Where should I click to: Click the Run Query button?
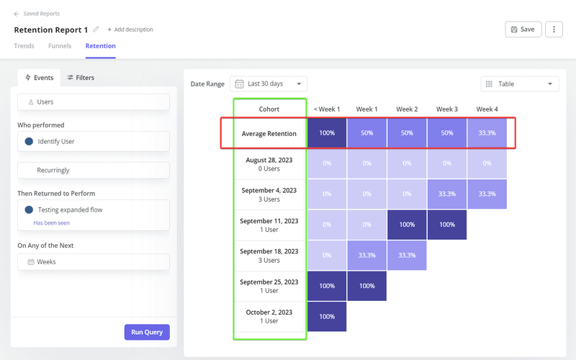click(x=147, y=332)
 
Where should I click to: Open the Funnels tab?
click(x=60, y=46)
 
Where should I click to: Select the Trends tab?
click(x=24, y=46)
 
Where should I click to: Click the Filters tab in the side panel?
click(x=81, y=78)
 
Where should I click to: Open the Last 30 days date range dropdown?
click(x=269, y=84)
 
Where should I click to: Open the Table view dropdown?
click(x=519, y=84)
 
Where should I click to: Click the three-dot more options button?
click(x=553, y=30)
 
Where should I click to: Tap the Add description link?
click(x=130, y=30)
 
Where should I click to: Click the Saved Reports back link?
click(x=37, y=14)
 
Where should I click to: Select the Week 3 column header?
click(x=446, y=109)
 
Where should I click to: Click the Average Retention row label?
click(x=269, y=134)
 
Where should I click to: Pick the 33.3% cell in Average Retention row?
click(x=487, y=134)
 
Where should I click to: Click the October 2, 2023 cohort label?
click(x=269, y=317)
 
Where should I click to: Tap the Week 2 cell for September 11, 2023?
click(x=407, y=225)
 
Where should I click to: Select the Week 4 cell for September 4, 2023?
click(x=487, y=194)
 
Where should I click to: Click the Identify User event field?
click(x=94, y=142)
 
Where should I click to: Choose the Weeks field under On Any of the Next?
click(x=94, y=262)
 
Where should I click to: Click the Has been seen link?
click(x=52, y=223)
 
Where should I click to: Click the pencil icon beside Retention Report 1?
click(x=96, y=30)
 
